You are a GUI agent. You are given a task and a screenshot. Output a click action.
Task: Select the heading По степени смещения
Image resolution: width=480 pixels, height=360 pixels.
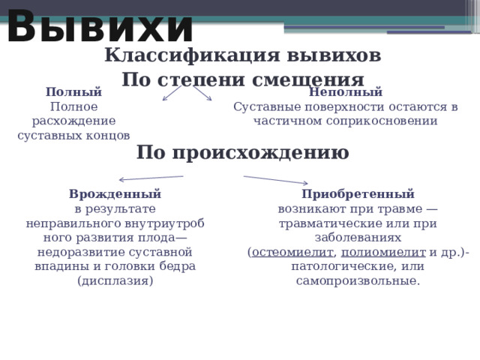pos(242,80)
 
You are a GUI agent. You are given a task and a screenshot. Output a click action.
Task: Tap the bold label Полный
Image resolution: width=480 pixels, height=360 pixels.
pos(73,93)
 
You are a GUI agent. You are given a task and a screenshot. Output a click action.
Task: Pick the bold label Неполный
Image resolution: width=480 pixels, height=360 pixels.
pos(346,93)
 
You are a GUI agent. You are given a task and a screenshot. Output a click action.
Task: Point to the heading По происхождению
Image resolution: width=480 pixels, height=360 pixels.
pos(242,153)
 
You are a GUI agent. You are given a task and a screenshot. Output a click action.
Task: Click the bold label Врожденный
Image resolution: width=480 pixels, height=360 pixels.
pos(115,193)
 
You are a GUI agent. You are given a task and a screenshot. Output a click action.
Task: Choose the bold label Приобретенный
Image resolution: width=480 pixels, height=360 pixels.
pos(358,193)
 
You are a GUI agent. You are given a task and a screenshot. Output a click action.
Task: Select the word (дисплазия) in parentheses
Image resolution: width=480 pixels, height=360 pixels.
pos(115,280)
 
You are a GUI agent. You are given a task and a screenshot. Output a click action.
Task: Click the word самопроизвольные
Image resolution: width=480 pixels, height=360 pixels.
pos(358,280)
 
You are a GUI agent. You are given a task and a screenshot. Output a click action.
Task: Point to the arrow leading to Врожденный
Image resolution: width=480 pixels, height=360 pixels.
pos(151,178)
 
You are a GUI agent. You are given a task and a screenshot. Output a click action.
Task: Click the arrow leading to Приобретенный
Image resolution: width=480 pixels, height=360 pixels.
pos(275,180)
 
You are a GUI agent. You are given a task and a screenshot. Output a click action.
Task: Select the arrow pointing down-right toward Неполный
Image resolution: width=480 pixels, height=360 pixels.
pos(202,93)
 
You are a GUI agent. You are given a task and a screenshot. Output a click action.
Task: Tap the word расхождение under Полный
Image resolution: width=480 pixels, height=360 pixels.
pos(73,121)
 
